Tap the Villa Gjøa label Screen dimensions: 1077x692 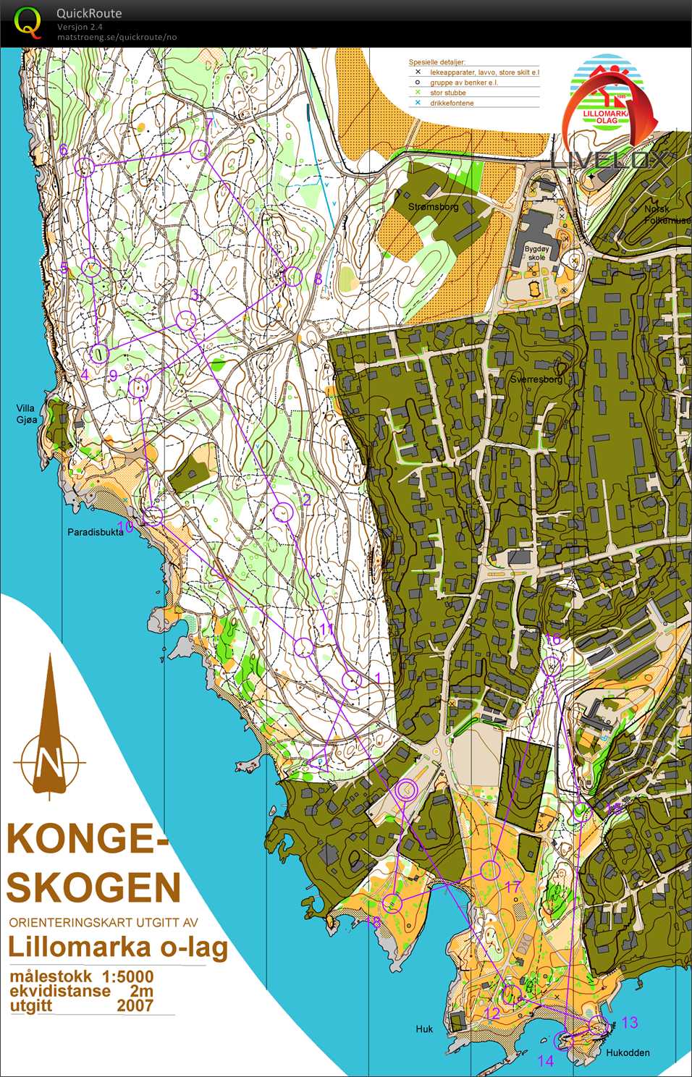27,414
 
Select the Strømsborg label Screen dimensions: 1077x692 433,207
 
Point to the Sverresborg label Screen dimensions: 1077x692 536,379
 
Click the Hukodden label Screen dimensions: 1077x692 627,1052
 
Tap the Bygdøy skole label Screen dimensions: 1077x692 536,253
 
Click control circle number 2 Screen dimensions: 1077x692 283,512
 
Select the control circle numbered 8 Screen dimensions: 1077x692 292,276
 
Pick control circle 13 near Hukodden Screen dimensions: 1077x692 597,1024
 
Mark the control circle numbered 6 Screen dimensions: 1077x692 85,167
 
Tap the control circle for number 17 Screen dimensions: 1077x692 491,869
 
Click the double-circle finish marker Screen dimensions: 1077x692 407,790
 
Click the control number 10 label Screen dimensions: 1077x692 125,527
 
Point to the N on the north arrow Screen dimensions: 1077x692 49,762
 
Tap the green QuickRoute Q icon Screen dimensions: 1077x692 28,23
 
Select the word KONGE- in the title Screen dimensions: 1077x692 87,840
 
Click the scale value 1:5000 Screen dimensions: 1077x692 127,976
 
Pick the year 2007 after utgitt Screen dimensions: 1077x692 135,1005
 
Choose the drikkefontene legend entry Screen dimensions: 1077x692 452,103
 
